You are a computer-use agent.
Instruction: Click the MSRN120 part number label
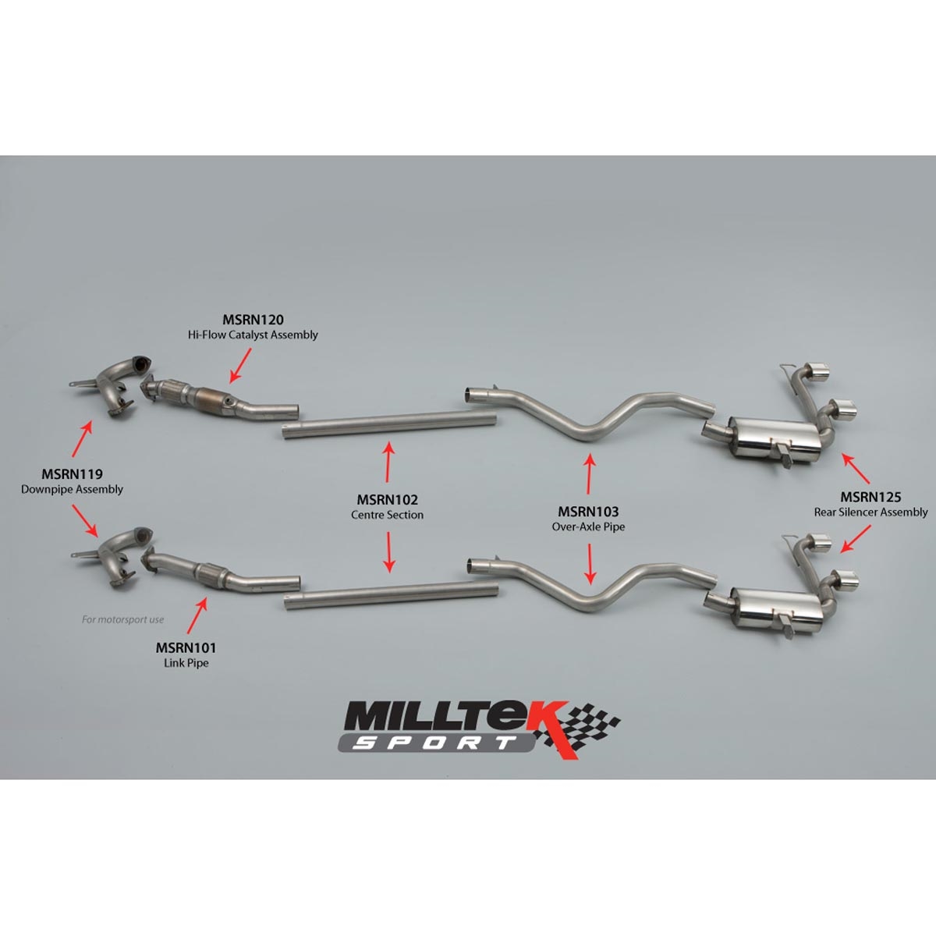[x=253, y=320]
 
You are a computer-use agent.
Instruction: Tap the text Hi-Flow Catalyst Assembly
[x=253, y=335]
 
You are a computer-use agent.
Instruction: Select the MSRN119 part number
[x=72, y=473]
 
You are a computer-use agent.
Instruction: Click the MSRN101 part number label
[x=186, y=647]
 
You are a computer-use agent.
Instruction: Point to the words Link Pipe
[x=186, y=662]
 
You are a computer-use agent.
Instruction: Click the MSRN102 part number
[x=387, y=499]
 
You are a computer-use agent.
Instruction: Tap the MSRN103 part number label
[x=588, y=512]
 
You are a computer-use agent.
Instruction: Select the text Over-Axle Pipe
[x=588, y=526]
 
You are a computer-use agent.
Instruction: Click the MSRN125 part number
[x=871, y=497]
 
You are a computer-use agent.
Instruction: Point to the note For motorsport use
[x=123, y=619]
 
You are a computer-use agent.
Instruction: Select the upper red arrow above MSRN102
[x=388, y=462]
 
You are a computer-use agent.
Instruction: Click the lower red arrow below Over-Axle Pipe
[x=590, y=563]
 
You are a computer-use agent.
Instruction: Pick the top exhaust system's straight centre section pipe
[x=389, y=426]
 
